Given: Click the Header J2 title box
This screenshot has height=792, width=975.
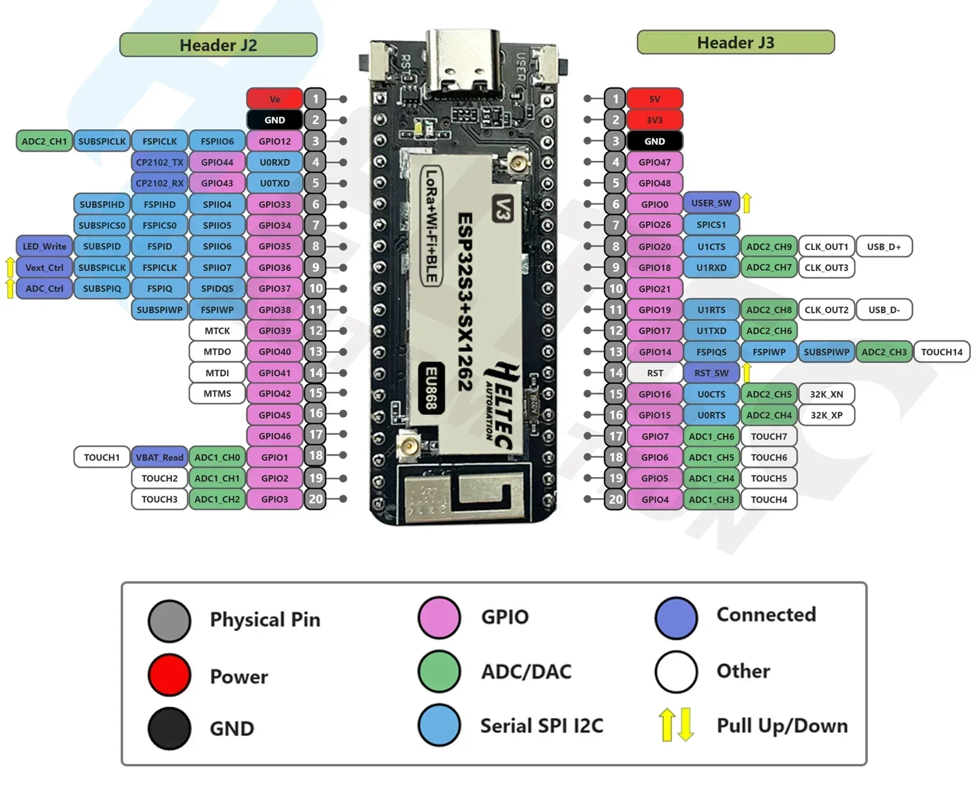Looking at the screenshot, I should [x=218, y=45].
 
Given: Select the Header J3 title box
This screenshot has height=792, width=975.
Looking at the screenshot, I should [x=735, y=43].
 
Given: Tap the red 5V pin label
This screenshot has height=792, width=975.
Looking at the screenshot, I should [x=654, y=99].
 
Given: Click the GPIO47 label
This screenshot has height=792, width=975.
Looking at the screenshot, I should [x=654, y=162].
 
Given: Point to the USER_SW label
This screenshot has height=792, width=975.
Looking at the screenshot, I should [x=711, y=203].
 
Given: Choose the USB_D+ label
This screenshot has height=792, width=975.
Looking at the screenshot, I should [x=884, y=246].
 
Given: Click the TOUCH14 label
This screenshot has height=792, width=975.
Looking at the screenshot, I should [x=941, y=352].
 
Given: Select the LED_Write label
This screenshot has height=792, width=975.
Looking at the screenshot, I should [x=44, y=246].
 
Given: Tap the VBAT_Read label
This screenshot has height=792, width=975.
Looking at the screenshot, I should [x=159, y=457].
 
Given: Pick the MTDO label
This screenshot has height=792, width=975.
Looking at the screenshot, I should [x=217, y=352].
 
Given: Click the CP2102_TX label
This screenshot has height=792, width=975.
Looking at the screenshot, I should [x=159, y=162].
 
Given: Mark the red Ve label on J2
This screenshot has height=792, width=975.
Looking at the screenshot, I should [x=274, y=99].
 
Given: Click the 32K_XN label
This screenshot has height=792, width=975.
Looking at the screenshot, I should [x=826, y=394].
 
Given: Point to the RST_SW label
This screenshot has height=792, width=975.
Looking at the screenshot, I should [x=711, y=373].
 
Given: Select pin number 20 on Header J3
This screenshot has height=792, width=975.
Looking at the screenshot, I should [x=615, y=500].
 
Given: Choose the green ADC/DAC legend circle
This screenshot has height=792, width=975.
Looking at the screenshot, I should [x=439, y=671].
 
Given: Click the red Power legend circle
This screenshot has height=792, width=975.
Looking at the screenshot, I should [x=169, y=675].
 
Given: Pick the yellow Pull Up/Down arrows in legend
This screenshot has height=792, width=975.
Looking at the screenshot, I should [x=676, y=724].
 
